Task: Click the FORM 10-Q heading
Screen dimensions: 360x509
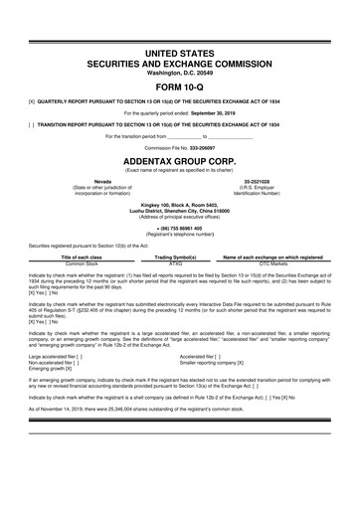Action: click(x=180, y=86)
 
